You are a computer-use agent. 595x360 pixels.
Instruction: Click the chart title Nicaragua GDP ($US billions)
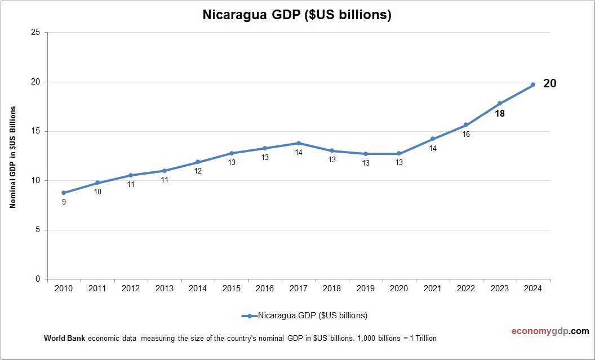coord(297,15)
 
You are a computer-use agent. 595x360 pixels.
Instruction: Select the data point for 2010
coord(64,193)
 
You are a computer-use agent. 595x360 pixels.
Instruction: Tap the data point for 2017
coord(299,143)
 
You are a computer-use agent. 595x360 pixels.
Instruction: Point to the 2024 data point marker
coord(533,85)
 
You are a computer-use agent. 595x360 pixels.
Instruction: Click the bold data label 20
coord(549,84)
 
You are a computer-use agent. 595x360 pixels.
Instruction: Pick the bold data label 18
coord(499,113)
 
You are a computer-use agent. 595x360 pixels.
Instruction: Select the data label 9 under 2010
coord(64,202)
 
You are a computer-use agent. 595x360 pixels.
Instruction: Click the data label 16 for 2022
coord(466,135)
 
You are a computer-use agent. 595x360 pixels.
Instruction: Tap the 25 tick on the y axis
coord(35,33)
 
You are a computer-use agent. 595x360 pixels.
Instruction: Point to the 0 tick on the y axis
coord(38,279)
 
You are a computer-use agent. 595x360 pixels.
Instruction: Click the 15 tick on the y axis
coord(35,131)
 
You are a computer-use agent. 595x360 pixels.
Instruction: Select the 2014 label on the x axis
coord(198,288)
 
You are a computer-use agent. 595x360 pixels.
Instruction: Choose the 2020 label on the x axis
coord(399,288)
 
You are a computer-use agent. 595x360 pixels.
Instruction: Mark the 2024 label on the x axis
coord(533,288)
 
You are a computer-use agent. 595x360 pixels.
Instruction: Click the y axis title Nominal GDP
coord(12,157)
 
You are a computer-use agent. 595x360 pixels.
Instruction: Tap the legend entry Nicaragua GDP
coord(312,315)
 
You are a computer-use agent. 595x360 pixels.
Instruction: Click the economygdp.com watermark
coord(542,331)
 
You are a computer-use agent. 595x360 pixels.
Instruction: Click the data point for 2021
coord(433,139)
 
